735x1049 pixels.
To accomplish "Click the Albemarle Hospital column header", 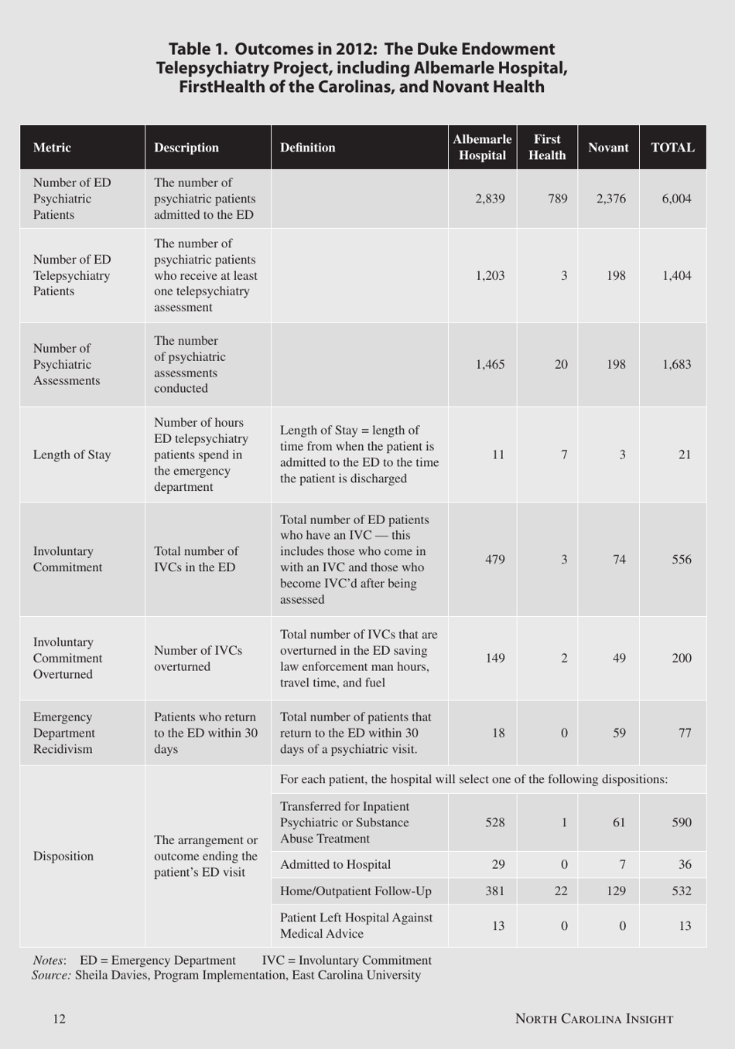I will pos(482,147).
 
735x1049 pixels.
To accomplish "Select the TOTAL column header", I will pos(672,148).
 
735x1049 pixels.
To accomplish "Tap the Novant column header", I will pos(608,148).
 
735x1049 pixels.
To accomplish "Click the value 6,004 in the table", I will pos(676,199).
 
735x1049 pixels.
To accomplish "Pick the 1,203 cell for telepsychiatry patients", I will pos(490,275).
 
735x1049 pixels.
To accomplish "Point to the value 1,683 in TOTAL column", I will pos(676,364).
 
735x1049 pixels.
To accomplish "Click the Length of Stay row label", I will pos(72,455).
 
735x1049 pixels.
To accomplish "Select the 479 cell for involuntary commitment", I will pos(494,559).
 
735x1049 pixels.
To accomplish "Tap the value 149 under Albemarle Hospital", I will pos(494,658).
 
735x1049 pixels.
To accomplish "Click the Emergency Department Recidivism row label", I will pos(64,733).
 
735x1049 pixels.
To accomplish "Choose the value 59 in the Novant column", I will pos(619,733).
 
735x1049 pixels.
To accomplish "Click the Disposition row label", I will pos(63,856).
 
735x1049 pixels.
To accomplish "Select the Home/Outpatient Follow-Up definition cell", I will pos(356,891).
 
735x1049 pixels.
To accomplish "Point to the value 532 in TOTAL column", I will pos(681,891).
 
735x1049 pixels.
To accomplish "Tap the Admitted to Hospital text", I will pos(335,864).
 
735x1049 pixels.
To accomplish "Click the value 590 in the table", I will pos(681,823).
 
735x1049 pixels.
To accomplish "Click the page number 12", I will pos(60,1019).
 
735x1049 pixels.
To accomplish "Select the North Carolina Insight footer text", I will pos(594,1019).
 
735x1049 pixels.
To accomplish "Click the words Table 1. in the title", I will pos(198,49).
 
